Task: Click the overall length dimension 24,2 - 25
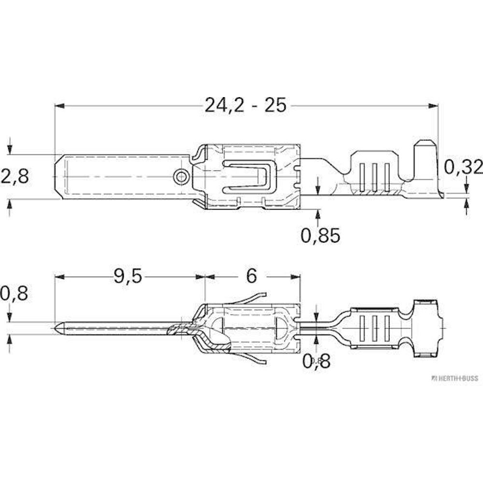click(x=245, y=105)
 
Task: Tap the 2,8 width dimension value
click(x=15, y=176)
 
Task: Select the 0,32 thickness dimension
click(x=463, y=167)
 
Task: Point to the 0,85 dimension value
click(x=320, y=236)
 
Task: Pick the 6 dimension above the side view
click(x=251, y=276)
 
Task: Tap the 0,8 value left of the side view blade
click(x=14, y=293)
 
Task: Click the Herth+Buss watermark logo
click(x=455, y=378)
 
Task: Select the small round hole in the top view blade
click(x=181, y=177)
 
